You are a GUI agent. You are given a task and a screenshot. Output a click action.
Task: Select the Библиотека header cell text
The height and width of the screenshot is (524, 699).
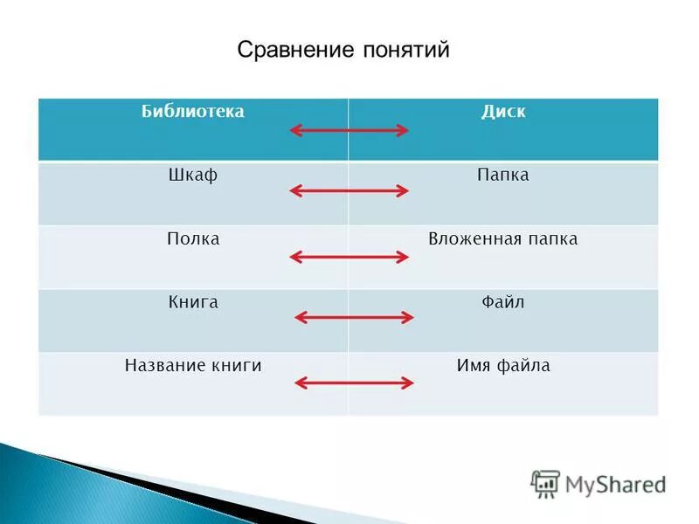(193, 112)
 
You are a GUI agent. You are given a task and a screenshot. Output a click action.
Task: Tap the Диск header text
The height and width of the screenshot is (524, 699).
(503, 112)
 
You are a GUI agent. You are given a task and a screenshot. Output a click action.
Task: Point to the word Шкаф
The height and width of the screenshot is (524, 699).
(193, 176)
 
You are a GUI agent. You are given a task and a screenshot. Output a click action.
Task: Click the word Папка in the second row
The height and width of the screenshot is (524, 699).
(503, 176)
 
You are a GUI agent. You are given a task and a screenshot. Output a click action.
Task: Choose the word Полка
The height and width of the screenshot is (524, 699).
(193, 238)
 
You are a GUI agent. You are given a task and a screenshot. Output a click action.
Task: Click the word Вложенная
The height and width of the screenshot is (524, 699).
(472, 238)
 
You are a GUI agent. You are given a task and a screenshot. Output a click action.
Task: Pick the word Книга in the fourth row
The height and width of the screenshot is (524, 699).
(193, 302)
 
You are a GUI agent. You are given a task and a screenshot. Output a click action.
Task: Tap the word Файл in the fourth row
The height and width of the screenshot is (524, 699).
(503, 302)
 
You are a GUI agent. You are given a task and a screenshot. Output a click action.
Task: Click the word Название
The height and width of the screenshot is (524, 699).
(163, 366)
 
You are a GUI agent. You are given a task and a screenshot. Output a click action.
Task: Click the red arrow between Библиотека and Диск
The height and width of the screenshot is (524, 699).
(349, 130)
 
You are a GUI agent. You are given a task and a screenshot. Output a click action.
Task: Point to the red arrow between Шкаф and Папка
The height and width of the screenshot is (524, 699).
(349, 190)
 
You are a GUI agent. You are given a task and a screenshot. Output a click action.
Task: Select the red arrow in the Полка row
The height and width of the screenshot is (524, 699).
(349, 257)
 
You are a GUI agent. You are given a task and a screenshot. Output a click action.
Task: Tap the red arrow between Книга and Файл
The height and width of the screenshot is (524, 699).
(353, 317)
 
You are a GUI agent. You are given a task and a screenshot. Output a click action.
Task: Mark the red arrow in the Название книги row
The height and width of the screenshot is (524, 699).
(353, 383)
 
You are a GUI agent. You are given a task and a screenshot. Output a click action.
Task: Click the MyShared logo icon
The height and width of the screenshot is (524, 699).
(546, 483)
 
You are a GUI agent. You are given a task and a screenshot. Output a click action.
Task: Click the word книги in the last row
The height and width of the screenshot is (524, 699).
(235, 366)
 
